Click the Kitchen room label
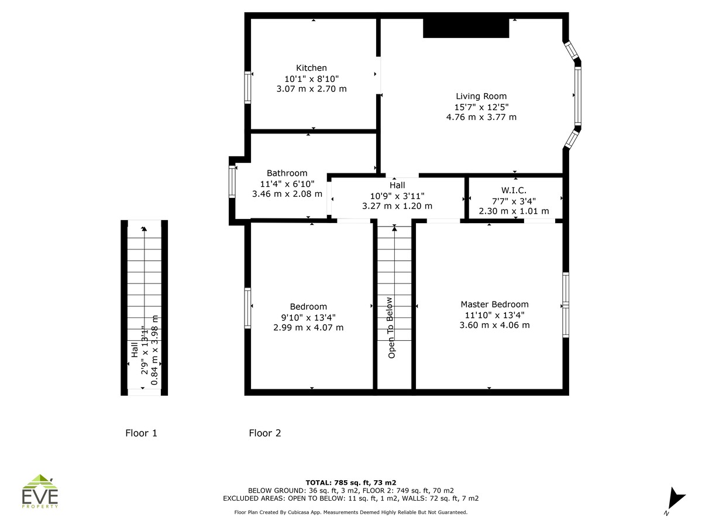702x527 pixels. pyautogui.click(x=311, y=68)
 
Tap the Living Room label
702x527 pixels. pyautogui.click(x=481, y=96)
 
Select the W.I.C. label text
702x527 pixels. pyautogui.click(x=514, y=190)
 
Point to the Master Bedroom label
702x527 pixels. pyautogui.click(x=494, y=304)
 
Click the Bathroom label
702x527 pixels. pyautogui.click(x=287, y=173)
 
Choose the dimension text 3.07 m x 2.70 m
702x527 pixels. pyautogui.click(x=311, y=88)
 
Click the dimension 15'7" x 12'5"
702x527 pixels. pyautogui.click(x=481, y=107)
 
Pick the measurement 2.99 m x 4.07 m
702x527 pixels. pyautogui.click(x=308, y=327)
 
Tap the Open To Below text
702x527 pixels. pyautogui.click(x=391, y=328)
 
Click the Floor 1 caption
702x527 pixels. pyautogui.click(x=141, y=433)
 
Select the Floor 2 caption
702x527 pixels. pyautogui.click(x=265, y=433)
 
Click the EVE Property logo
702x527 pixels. pyautogui.click(x=40, y=491)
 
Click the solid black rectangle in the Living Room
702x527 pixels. pyautogui.click(x=466, y=28)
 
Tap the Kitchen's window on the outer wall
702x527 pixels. pyautogui.click(x=247, y=87)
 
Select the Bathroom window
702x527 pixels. pyautogui.click(x=232, y=182)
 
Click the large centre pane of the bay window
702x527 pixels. pyautogui.click(x=577, y=95)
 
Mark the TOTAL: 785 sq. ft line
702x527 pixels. pyautogui.click(x=351, y=482)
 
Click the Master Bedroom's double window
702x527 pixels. pyautogui.click(x=566, y=305)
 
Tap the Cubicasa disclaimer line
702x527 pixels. pyautogui.click(x=351, y=512)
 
